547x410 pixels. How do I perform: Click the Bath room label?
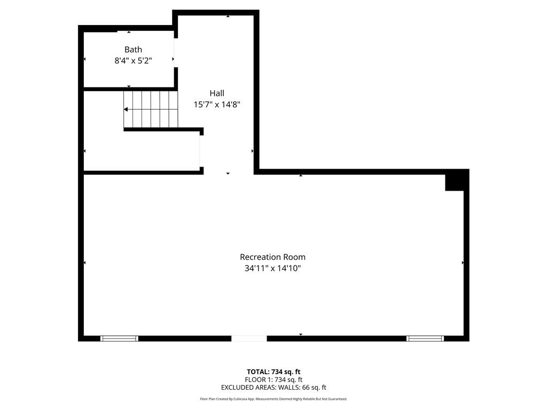133,50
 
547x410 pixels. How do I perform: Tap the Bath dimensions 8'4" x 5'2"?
133,61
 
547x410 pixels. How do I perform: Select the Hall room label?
217,93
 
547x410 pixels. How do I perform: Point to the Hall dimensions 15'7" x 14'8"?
217,104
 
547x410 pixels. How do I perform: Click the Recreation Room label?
273,257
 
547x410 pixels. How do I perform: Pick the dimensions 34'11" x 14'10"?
273,268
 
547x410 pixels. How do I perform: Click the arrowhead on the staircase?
126,109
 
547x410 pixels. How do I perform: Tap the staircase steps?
151,109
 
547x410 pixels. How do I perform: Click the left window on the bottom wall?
119,338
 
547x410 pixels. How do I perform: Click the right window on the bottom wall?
425,338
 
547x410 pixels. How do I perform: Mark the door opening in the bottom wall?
249,338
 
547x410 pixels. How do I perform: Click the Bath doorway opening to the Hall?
176,53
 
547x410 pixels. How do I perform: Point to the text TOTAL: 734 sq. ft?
273,372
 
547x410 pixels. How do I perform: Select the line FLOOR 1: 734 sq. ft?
273,380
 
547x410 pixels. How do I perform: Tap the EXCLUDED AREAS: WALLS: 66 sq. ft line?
273,388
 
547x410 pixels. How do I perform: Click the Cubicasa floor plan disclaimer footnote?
273,399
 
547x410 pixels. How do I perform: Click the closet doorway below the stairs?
201,151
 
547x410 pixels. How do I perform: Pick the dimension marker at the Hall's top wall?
228,16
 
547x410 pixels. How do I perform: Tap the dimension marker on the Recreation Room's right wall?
463,263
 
